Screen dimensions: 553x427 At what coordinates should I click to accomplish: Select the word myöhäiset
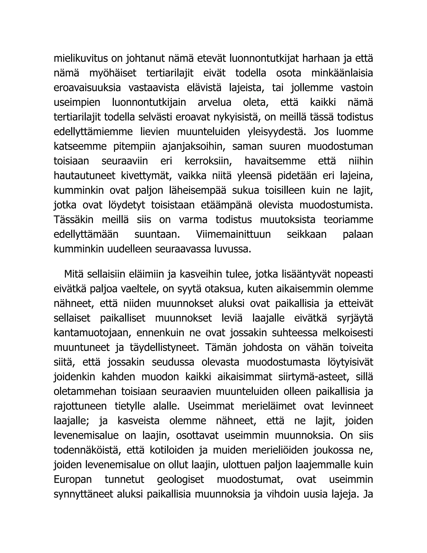tap(113, 73)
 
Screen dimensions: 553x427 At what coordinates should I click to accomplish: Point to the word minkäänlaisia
tap(342, 73)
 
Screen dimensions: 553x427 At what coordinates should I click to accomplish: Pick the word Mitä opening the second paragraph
tap(74, 274)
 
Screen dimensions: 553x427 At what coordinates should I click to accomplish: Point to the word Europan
tap(73, 480)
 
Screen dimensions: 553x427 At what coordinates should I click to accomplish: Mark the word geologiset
tap(180, 480)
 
